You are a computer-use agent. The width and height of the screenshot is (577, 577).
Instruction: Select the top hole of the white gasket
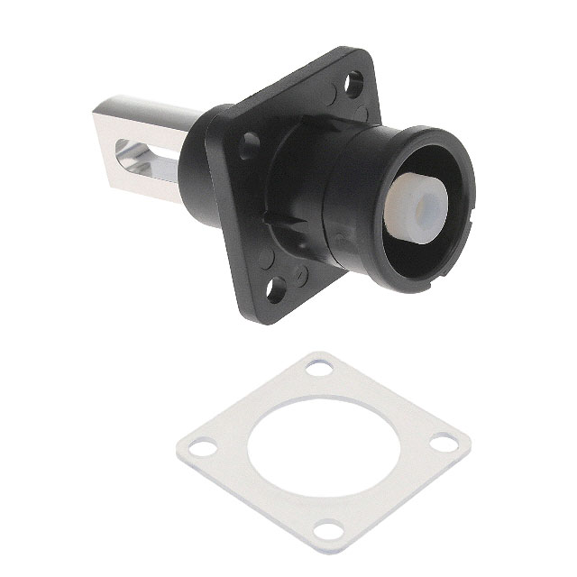point(318,369)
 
